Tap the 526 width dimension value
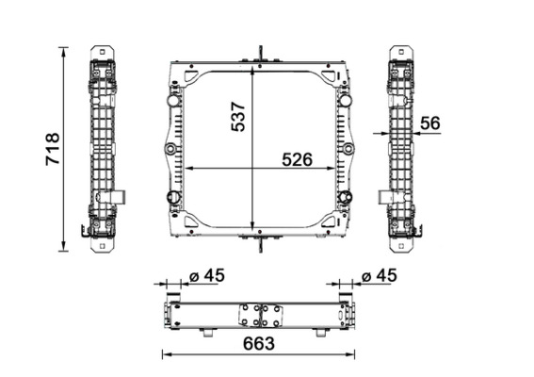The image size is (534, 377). coord(298,159)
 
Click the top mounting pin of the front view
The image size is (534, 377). coord(257,52)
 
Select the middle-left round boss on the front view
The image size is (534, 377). coord(170,150)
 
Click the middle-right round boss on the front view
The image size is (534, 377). coord(348,150)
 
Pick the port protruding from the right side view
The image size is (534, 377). coord(384,197)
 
